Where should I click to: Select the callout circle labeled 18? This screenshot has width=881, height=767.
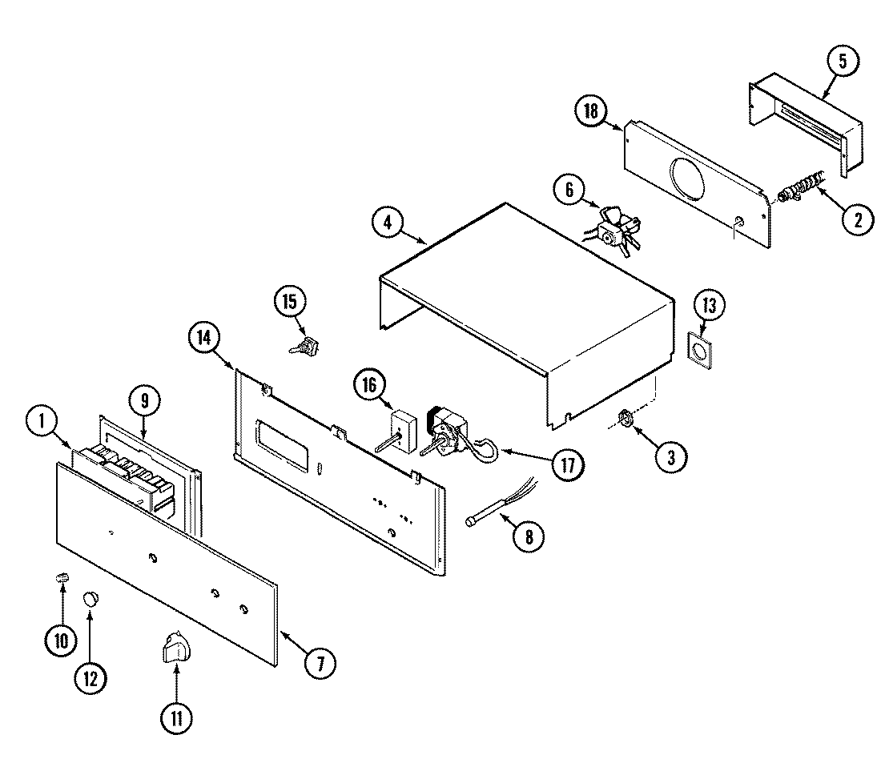pyautogui.click(x=591, y=111)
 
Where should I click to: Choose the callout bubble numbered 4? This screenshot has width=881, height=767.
pyautogui.click(x=388, y=223)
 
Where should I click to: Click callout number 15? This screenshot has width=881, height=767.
pyautogui.click(x=289, y=302)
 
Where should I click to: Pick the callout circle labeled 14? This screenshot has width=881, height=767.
pyautogui.click(x=205, y=337)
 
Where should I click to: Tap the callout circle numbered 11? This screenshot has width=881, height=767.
pyautogui.click(x=176, y=717)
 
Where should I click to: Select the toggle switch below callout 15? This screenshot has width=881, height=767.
pyautogui.click(x=303, y=347)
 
